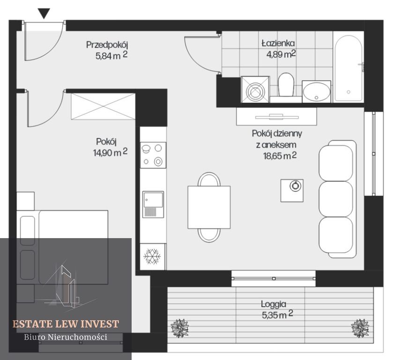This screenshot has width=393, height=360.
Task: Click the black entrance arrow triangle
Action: [44, 13]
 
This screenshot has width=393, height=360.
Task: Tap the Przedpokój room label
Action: [107, 45]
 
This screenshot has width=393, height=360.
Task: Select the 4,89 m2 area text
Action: [281, 54]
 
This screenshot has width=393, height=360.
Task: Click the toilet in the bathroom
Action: [286, 84]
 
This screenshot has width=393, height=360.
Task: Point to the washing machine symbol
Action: [255, 90]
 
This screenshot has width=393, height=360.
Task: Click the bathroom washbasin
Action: [316, 91]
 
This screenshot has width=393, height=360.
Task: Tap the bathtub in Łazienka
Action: [349, 68]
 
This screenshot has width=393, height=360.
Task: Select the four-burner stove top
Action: [153, 155]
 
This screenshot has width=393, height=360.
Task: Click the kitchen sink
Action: [153, 204]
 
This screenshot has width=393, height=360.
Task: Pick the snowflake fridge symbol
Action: [152, 256]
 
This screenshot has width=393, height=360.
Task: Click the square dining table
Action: [209, 207]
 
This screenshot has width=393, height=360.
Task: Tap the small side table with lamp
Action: [292, 190]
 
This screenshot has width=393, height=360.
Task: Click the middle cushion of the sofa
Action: [336, 199]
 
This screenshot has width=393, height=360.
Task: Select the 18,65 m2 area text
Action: [280, 156]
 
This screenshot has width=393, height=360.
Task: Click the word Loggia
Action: [274, 304]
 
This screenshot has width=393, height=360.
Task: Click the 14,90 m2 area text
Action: [110, 152]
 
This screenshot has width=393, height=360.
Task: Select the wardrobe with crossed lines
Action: [103, 106]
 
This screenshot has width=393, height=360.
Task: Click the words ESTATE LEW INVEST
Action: [66, 324]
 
